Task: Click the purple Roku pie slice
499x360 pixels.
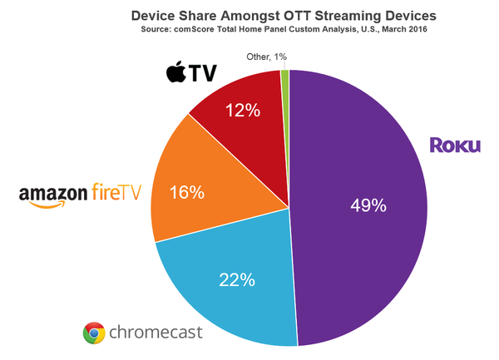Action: coord(366,249)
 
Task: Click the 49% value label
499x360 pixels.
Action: coord(367,205)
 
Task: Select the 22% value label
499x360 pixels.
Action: coord(235,279)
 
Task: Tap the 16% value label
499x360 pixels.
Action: coord(185,192)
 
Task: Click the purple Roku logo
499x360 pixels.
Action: coord(455,145)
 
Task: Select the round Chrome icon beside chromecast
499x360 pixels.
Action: coord(94,333)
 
